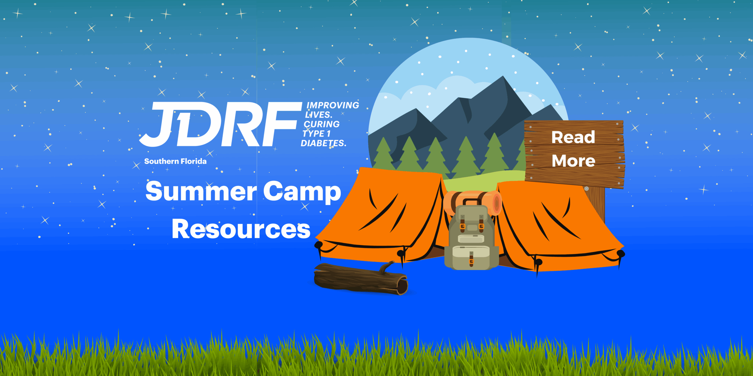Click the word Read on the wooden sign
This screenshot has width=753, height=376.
pos(573,137)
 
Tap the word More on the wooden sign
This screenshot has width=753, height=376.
pos(573,161)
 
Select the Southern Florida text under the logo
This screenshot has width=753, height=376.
pos(175,161)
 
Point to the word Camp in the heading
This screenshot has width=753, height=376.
pos(302,191)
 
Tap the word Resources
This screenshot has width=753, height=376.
pos(241,229)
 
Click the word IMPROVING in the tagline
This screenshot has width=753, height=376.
pos(333,105)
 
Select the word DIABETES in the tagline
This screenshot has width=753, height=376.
pos(323,143)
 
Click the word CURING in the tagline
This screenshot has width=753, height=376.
pos(321,124)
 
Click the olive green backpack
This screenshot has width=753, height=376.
pos(472,235)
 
